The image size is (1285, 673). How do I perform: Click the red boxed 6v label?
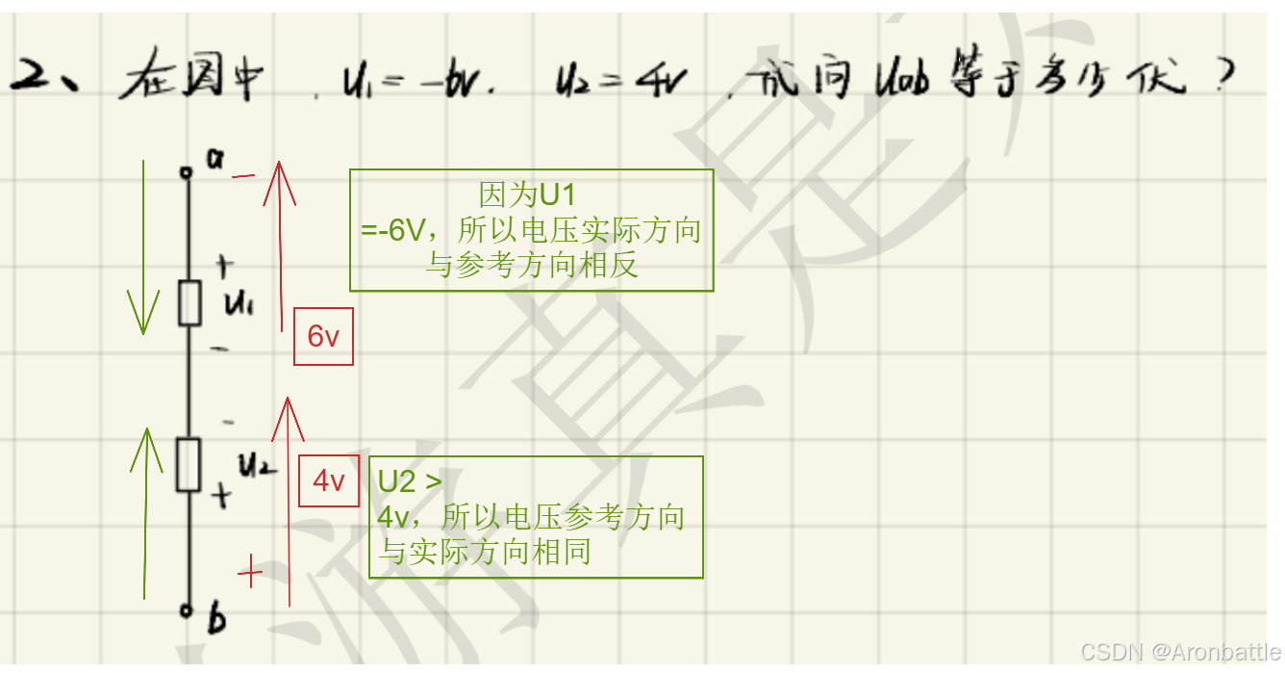[323, 337]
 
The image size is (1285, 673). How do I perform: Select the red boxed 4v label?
[329, 479]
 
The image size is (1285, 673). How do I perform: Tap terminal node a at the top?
[187, 172]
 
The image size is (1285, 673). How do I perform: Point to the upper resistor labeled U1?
[189, 303]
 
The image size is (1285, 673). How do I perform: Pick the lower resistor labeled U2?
[189, 464]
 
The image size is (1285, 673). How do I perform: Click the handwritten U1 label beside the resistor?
[238, 304]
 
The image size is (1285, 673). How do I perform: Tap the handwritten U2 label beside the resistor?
[257, 467]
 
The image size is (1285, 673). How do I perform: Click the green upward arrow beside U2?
[144, 510]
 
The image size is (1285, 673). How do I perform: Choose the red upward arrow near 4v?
[288, 501]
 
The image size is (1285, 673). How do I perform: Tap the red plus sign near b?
[249, 573]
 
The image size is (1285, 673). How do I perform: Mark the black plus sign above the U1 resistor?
[224, 264]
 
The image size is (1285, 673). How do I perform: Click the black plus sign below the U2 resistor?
[221, 497]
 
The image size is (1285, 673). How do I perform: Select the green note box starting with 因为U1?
[531, 230]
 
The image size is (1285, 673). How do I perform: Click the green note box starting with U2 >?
[535, 517]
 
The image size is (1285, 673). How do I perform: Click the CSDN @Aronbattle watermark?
[1180, 652]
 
